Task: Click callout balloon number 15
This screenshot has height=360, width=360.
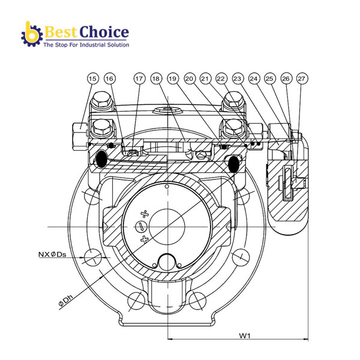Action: coord(92,79)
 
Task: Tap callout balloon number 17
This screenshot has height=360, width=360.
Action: coord(139,79)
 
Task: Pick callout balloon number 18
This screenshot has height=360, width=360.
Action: coord(156,79)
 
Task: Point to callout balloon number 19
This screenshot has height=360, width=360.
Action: coord(173,79)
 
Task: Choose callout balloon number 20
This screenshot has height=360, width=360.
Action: coord(189,79)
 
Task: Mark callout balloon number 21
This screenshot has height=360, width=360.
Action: coord(205,79)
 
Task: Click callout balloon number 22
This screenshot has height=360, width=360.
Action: coord(221,79)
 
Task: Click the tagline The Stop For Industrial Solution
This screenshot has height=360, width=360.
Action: coord(86,45)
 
